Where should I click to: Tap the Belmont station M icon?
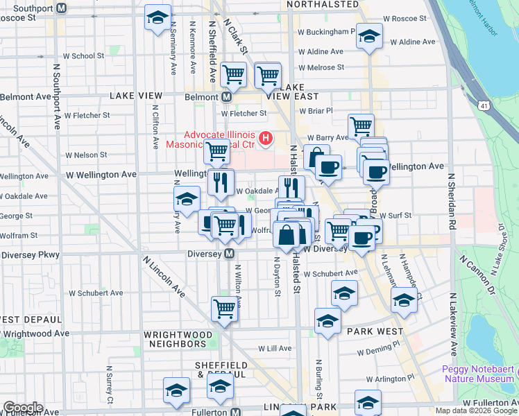(x=226, y=97)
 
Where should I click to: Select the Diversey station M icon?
(x=228, y=254)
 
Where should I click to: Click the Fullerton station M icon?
(x=236, y=411)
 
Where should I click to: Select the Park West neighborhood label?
(x=375, y=331)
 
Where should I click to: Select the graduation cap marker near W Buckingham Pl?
(x=369, y=36)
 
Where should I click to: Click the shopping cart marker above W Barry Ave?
(x=361, y=127)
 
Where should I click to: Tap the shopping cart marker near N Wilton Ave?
(x=224, y=310)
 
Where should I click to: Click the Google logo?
(x=23, y=408)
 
